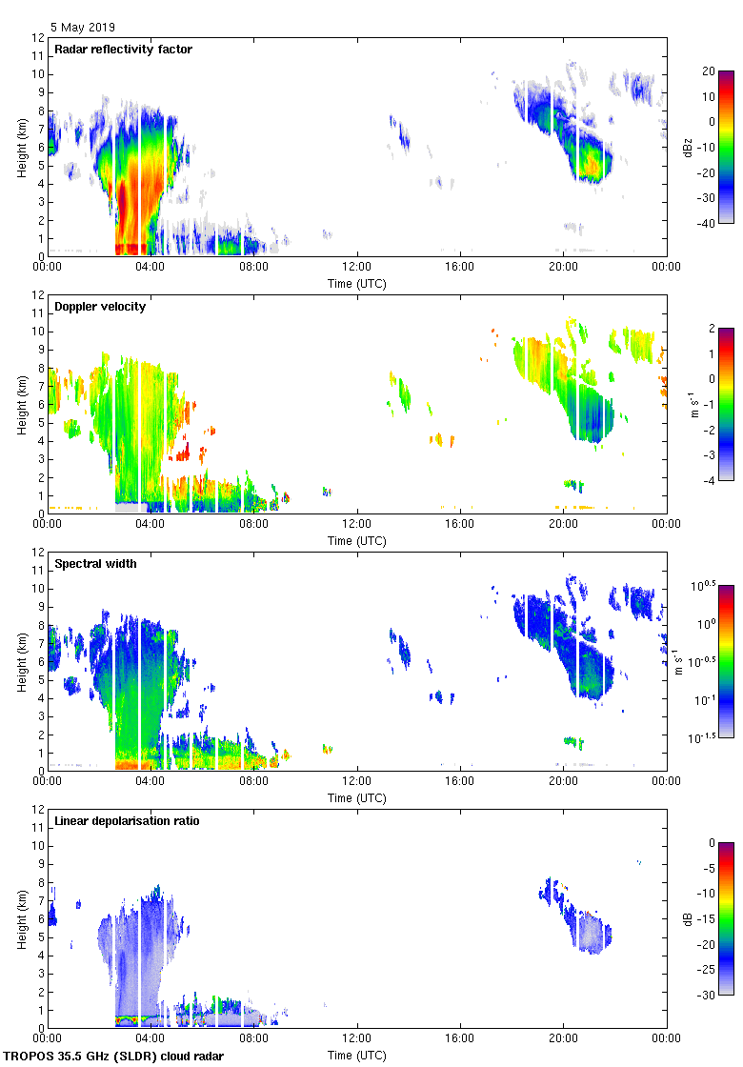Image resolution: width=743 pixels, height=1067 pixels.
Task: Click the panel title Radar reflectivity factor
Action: tap(124, 49)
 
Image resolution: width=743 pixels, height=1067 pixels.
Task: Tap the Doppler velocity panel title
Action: tap(101, 306)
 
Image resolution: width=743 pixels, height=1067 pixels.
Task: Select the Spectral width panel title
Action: tap(95, 563)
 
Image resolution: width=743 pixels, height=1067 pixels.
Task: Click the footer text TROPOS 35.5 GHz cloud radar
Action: tap(114, 1056)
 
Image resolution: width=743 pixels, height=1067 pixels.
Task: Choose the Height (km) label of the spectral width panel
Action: tap(21, 657)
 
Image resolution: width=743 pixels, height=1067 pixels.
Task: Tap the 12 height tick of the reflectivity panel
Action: tap(38, 38)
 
